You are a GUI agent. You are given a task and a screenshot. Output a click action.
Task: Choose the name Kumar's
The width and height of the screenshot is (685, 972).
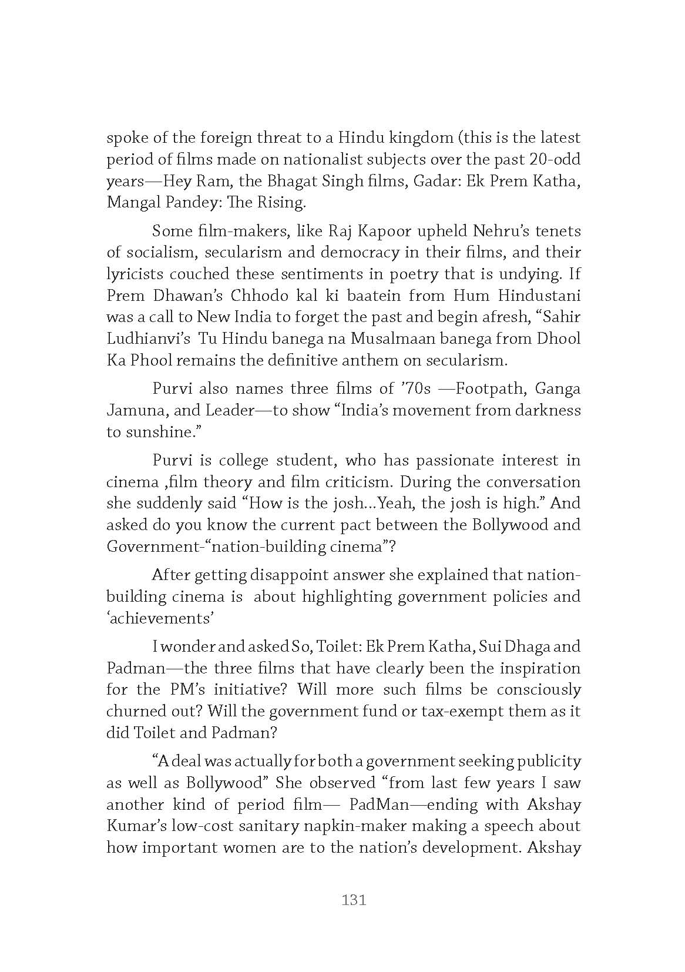(136, 826)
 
